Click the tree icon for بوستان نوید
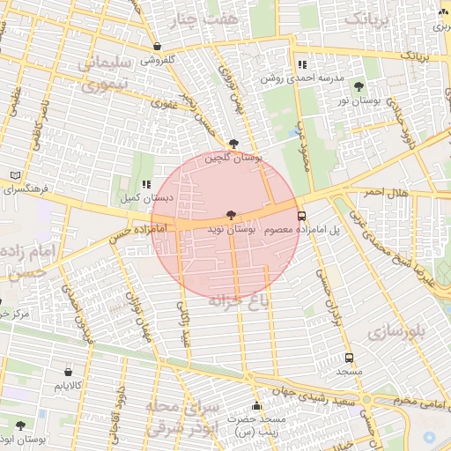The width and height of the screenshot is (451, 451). [x=231, y=214]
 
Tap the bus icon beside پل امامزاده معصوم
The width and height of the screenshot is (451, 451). [x=302, y=215]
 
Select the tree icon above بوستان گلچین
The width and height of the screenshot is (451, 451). [x=233, y=143]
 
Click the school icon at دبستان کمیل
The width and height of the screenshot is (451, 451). [x=145, y=184]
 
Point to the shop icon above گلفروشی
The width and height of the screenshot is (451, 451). [x=157, y=47]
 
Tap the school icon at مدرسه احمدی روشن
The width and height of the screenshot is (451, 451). [x=302, y=64]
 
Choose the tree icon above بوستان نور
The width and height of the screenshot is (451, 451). [x=358, y=85]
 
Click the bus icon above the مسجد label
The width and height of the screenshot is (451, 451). [x=350, y=358]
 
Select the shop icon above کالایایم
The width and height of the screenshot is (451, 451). [x=69, y=372]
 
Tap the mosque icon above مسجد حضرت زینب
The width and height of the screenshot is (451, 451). [x=256, y=406]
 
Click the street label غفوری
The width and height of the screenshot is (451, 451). [x=164, y=103]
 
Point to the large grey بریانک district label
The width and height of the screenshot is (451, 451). [x=368, y=18]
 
